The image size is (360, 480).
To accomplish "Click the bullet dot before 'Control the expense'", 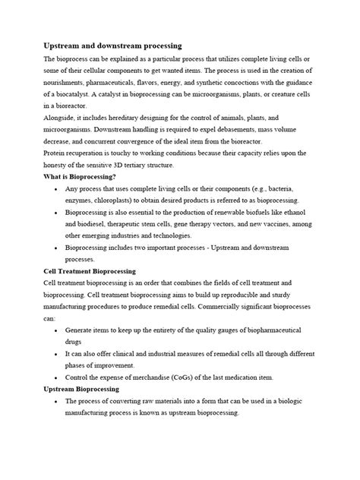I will click(58, 377).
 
